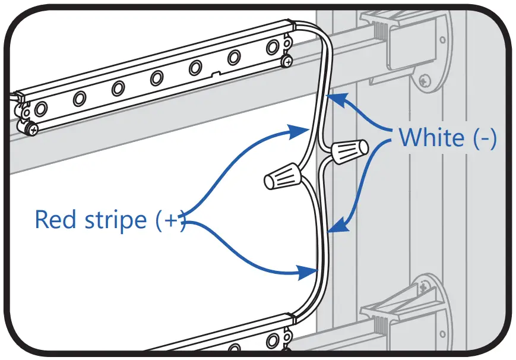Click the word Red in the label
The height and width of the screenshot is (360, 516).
(x=59, y=219)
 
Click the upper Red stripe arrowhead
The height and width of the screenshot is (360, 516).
(x=300, y=130)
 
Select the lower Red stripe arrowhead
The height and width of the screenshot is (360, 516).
(x=309, y=273)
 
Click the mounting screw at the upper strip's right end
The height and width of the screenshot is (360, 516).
(x=288, y=61)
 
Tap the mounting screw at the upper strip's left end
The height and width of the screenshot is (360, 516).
(x=31, y=126)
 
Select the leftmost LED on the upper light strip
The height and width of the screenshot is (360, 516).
(x=41, y=109)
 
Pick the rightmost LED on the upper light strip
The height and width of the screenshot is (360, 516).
(x=273, y=48)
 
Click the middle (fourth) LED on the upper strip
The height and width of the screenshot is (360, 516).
(x=157, y=78)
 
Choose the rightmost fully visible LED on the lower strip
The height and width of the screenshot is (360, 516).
(x=273, y=340)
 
